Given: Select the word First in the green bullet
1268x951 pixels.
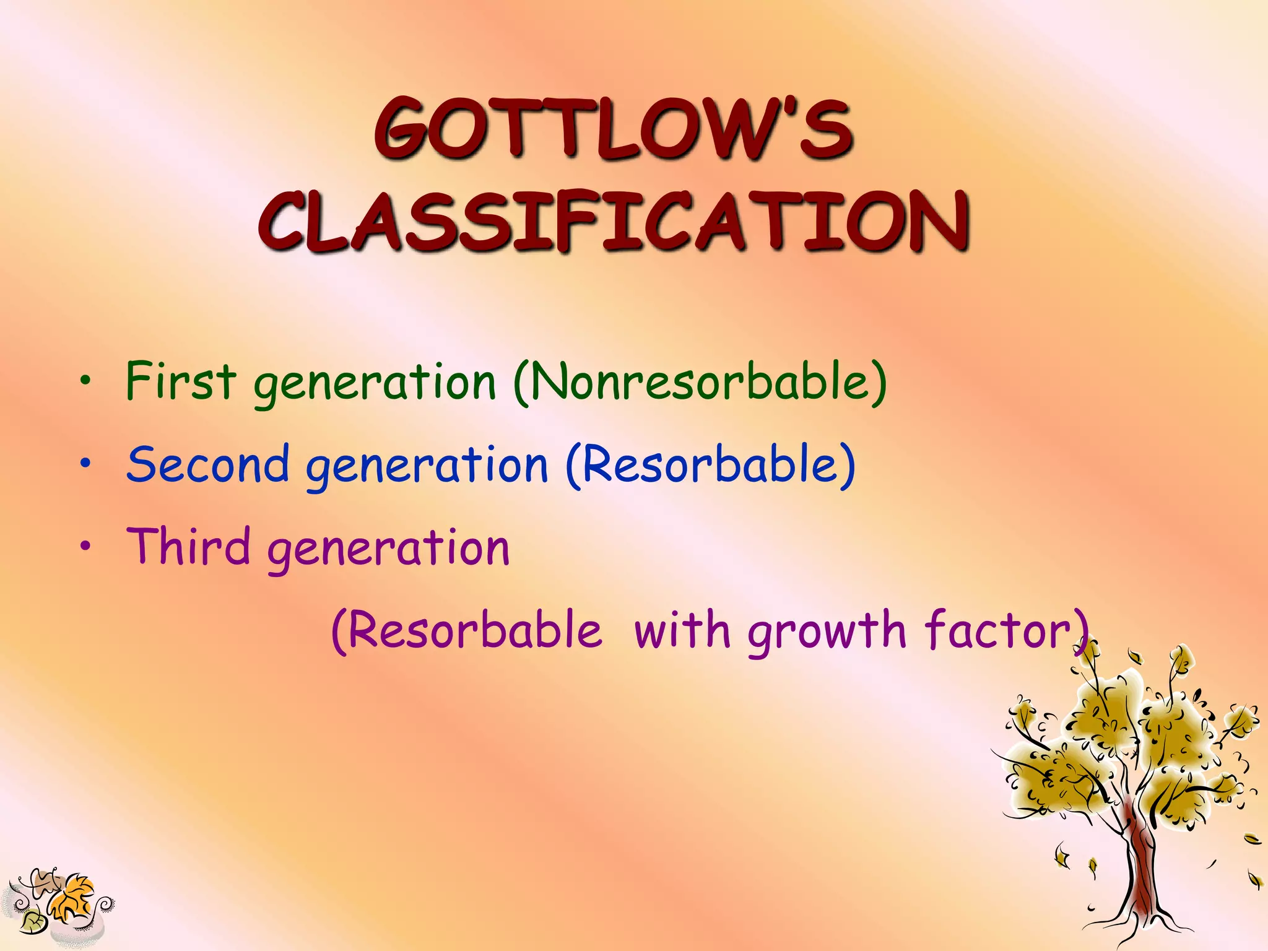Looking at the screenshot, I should [181, 380].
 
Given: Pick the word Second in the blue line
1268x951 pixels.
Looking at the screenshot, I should [208, 464].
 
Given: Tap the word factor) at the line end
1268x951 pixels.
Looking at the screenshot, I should [1007, 630].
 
